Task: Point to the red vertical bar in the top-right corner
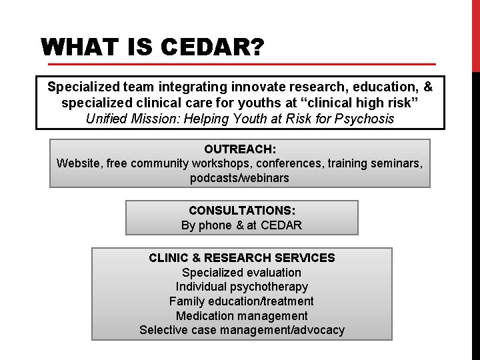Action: (x=475, y=33)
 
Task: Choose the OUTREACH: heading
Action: (x=240, y=149)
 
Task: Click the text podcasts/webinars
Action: (x=240, y=178)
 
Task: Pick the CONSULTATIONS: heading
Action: (x=242, y=211)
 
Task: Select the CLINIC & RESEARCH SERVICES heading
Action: (x=242, y=258)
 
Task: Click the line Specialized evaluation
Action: (x=242, y=273)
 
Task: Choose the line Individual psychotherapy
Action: (x=242, y=287)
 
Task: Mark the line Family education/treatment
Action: (x=242, y=301)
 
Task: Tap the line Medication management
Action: (x=242, y=316)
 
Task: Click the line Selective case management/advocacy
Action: (x=242, y=330)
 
